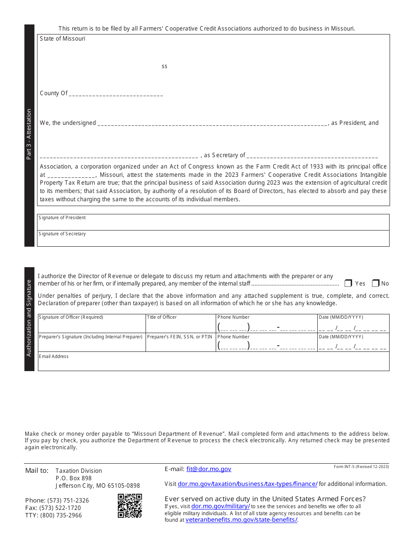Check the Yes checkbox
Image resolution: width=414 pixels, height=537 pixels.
click(348, 283)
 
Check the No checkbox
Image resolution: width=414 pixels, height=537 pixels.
click(376, 283)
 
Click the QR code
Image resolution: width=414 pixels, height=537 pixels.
click(130, 506)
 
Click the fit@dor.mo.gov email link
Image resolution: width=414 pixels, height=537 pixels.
click(209, 469)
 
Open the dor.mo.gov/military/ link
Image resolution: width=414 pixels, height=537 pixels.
click(221, 506)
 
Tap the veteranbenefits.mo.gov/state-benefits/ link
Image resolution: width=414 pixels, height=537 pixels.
click(241, 520)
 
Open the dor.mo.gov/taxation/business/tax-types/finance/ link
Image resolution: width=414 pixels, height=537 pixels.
click(248, 484)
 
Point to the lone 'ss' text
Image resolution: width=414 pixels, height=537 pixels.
click(164, 66)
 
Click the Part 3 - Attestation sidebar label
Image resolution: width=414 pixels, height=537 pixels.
click(29, 134)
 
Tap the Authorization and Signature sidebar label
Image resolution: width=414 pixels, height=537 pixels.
click(29, 318)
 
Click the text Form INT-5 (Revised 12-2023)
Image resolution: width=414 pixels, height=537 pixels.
click(361, 467)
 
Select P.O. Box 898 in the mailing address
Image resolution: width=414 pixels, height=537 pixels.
click(74, 478)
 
